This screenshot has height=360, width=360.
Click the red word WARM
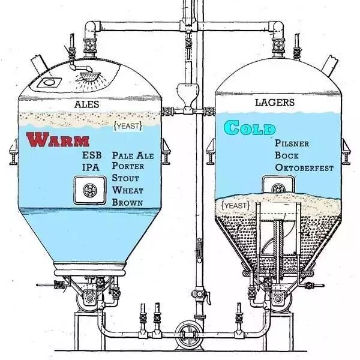[58, 140]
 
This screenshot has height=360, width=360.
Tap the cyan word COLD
[250, 128]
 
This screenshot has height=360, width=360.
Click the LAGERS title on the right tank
[275, 103]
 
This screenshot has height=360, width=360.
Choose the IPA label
[91, 167]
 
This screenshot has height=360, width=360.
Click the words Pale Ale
[133, 155]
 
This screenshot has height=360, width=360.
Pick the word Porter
[128, 167]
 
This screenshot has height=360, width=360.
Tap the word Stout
[125, 178]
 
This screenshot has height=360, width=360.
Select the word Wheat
[127, 190]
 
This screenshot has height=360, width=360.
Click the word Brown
[127, 202]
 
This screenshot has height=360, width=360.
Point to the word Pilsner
[292, 144]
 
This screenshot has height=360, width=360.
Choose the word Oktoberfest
[304, 168]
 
